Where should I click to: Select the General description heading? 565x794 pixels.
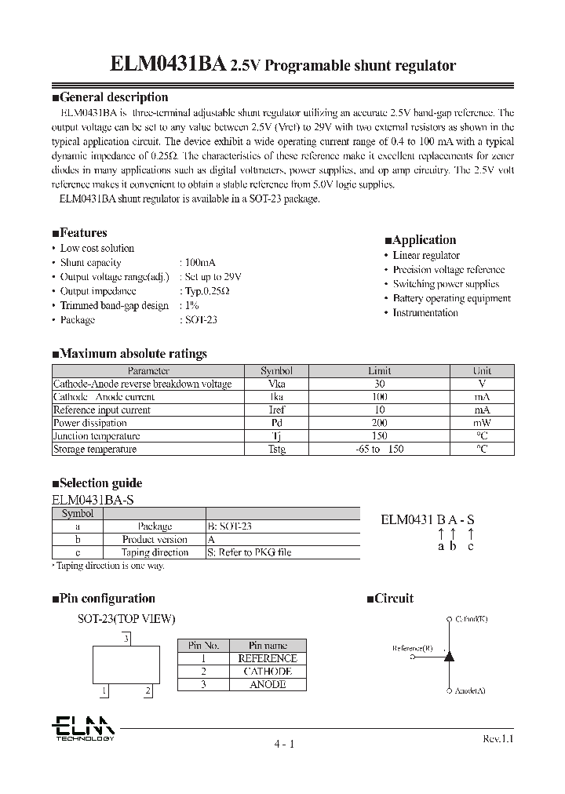[114, 97]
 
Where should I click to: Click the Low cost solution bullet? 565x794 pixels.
[97, 248]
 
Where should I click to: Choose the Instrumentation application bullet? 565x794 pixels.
[425, 312]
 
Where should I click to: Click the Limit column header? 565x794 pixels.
[379, 370]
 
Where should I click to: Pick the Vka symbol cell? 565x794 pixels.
[277, 384]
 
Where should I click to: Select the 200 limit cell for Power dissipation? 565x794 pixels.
[379, 423]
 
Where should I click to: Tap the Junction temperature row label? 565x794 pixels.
[97, 436]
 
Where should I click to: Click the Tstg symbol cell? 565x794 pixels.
[277, 450]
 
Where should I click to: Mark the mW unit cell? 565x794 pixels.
[482, 423]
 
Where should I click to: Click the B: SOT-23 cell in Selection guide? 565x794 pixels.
[231, 526]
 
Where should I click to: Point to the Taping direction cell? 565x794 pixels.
[155, 552]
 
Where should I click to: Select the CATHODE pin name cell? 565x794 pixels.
[268, 672]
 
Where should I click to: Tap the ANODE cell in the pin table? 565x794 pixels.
[268, 685]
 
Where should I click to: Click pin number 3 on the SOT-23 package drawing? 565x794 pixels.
[125, 639]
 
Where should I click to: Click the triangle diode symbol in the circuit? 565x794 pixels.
[449, 655]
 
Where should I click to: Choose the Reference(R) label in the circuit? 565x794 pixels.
[412, 648]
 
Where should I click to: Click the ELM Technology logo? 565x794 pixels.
[83, 728]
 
